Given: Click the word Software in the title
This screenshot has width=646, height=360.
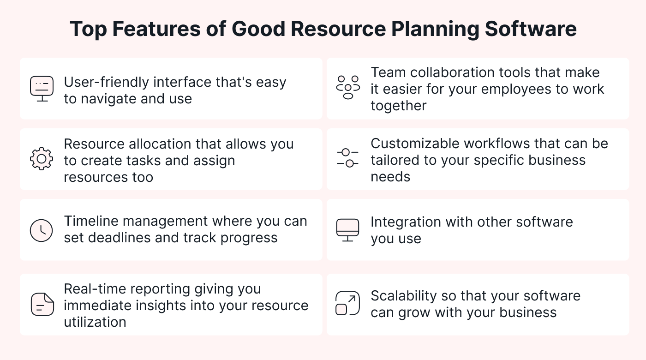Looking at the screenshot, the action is tap(531, 29).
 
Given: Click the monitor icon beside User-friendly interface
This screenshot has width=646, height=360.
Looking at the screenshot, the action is tap(42, 89).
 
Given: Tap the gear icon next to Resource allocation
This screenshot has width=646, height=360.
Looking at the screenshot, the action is tap(42, 159).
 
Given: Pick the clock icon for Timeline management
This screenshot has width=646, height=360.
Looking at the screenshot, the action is tap(41, 230).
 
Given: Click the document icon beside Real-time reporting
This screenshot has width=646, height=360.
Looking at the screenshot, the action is tap(42, 304).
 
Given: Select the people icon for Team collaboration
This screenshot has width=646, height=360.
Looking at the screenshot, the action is tap(348, 87).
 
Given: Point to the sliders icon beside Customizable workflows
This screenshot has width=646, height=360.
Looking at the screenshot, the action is tap(347, 158).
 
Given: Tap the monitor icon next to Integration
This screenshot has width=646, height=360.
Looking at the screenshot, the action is tap(348, 230).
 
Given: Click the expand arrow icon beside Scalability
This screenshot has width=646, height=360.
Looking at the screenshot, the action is tap(348, 303).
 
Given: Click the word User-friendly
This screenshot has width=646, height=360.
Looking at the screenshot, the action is tap(107, 82).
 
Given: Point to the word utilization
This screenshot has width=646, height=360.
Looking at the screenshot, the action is tap(95, 322).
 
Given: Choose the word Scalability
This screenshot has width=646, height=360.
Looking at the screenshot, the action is tap(403, 296).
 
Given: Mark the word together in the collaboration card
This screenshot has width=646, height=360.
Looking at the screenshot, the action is tap(399, 106).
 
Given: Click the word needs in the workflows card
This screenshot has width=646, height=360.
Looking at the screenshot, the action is tap(390, 177).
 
